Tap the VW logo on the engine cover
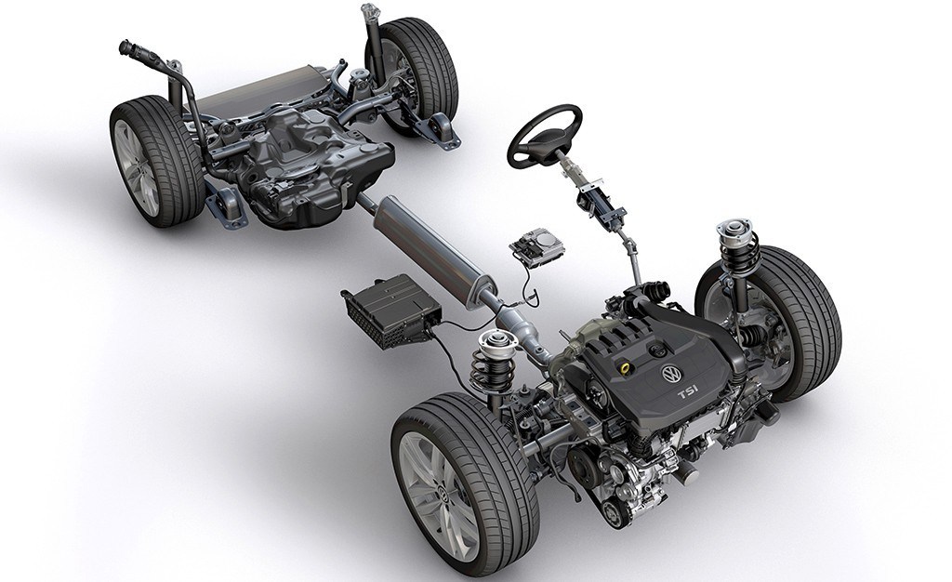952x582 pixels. pyautogui.click(x=671, y=375)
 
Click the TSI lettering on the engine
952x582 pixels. pyautogui.click(x=689, y=395)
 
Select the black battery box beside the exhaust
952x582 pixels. pyautogui.click(x=391, y=310)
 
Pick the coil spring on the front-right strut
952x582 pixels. pyautogui.click(x=737, y=256)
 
